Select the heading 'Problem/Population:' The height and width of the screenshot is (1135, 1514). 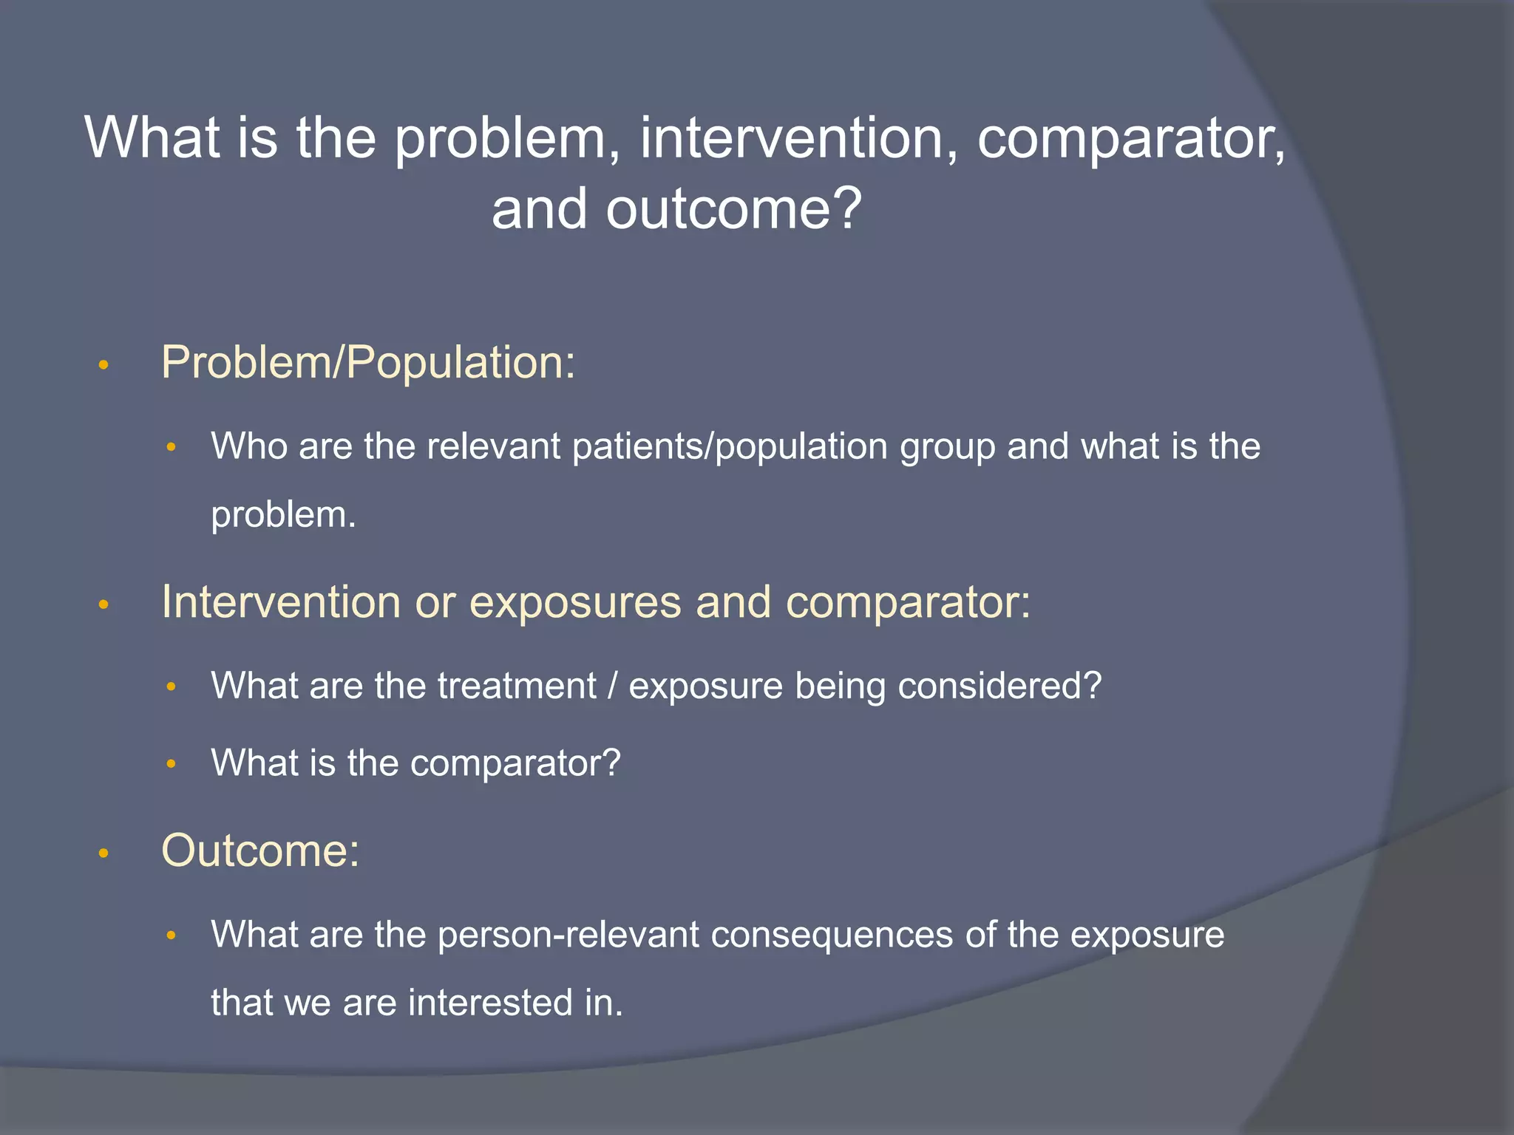click(368, 363)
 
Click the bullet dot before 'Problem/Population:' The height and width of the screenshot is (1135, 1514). click(103, 365)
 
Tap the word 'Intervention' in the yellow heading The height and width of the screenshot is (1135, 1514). click(280, 601)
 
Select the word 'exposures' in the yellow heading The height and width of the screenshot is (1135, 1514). click(575, 601)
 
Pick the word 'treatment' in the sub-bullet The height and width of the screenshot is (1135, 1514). click(517, 686)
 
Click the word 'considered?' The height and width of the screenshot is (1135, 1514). click(999, 686)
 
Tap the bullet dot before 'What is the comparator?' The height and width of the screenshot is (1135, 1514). click(171, 764)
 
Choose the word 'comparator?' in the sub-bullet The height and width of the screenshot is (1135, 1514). click(515, 763)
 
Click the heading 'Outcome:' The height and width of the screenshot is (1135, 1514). click(260, 851)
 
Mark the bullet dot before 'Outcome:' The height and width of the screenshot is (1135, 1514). click(103, 854)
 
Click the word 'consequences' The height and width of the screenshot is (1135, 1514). click(832, 935)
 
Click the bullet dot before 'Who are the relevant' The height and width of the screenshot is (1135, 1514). click(171, 448)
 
